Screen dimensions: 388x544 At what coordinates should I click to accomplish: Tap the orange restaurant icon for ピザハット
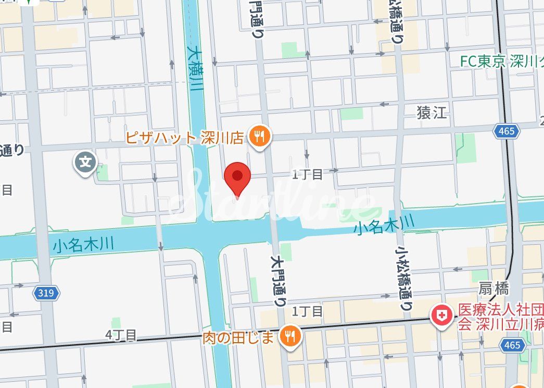(x=259, y=137)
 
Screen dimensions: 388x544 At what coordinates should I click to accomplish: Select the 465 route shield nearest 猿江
(x=507, y=131)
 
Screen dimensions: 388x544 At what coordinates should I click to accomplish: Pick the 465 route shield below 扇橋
(x=512, y=345)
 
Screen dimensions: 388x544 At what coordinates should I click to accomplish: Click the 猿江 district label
(x=432, y=112)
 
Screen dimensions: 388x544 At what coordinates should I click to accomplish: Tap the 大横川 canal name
(x=195, y=69)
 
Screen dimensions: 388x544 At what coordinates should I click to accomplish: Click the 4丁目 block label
(x=120, y=334)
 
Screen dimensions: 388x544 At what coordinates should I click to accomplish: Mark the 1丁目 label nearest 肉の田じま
(x=308, y=311)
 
